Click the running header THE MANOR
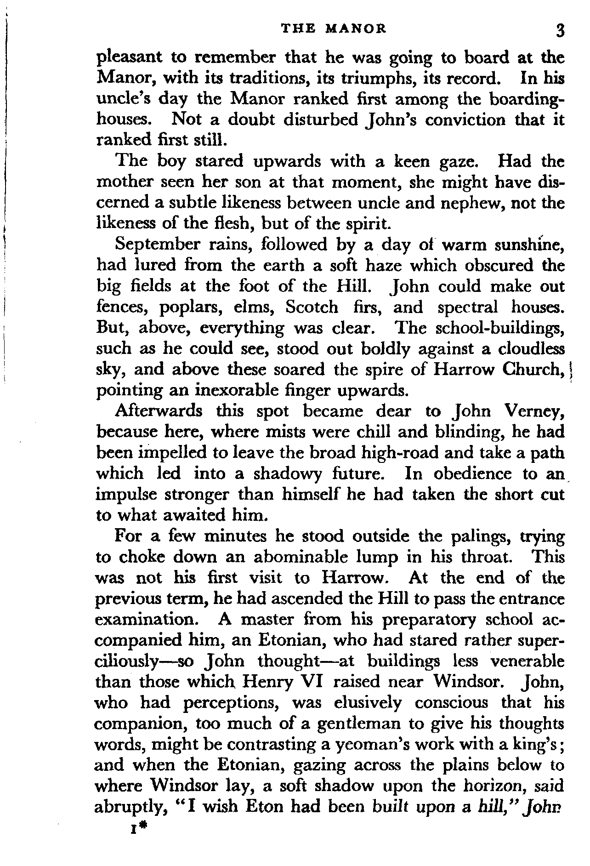click(x=334, y=29)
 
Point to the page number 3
click(x=559, y=30)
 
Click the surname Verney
click(x=534, y=411)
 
